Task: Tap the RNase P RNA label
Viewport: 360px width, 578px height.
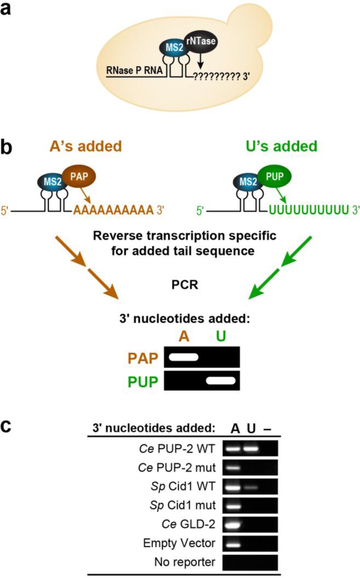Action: [x=134, y=70]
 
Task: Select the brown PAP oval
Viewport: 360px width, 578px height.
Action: [x=79, y=176]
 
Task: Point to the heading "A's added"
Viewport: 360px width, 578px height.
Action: [x=86, y=146]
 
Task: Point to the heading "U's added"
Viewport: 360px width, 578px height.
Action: [x=281, y=146]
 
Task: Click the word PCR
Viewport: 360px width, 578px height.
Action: [x=185, y=284]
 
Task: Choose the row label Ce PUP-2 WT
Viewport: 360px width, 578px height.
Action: [x=177, y=449]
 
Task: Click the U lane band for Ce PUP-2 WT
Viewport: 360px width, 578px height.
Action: [x=251, y=449]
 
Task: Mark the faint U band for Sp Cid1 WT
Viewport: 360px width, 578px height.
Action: [x=251, y=487]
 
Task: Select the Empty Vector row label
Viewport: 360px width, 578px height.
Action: [x=179, y=543]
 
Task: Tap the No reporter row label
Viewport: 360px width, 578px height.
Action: [x=184, y=562]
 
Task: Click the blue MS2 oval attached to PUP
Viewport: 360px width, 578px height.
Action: [x=248, y=181]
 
